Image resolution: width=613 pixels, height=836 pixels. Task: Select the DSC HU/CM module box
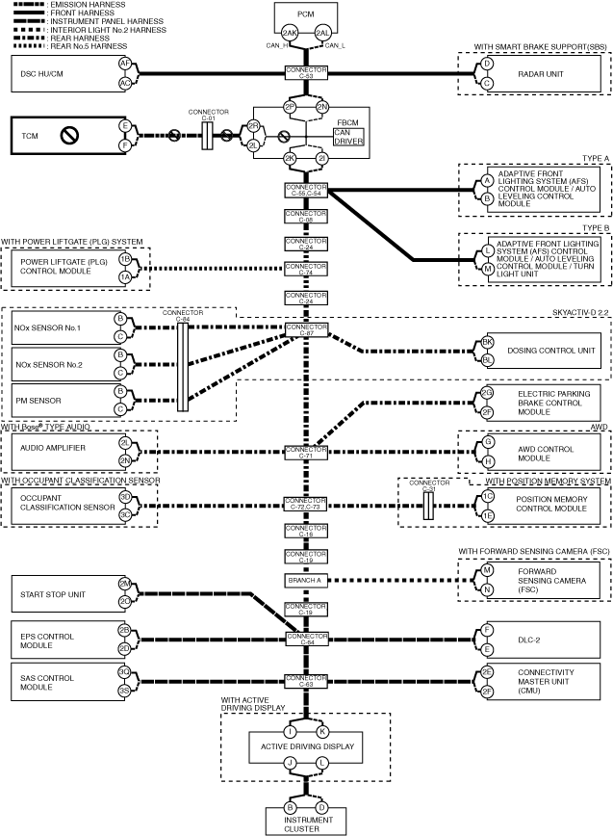click(63, 73)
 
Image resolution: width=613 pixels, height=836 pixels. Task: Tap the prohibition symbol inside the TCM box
click(69, 136)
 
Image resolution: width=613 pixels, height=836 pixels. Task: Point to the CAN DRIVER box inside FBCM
click(347, 136)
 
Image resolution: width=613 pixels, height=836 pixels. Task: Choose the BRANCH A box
click(307, 580)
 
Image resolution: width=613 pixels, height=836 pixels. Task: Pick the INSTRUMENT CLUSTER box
click(307, 821)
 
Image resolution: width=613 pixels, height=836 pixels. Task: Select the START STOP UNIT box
click(58, 594)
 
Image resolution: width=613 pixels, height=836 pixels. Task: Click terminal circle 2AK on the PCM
click(290, 31)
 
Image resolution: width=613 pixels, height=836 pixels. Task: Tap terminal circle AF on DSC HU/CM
click(125, 63)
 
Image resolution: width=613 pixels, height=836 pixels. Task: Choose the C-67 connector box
click(307, 329)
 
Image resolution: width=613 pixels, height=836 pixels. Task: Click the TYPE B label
click(597, 228)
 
